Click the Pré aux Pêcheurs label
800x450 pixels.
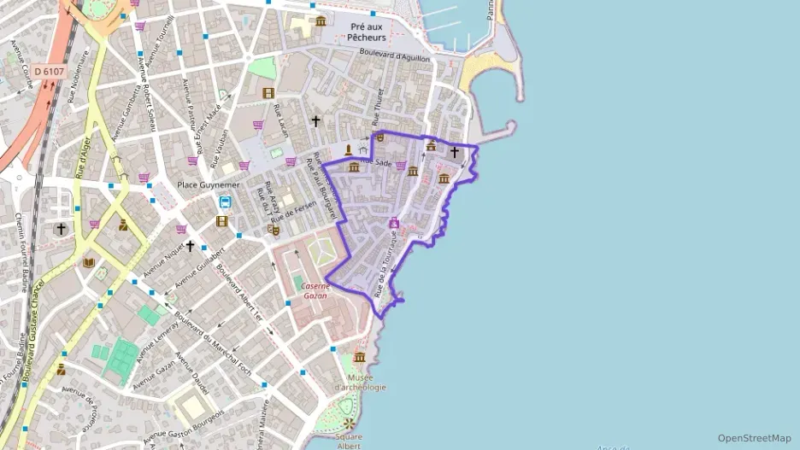(368, 32)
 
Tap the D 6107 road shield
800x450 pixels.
(49, 71)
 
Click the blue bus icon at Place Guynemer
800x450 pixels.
(225, 202)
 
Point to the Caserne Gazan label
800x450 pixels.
(315, 291)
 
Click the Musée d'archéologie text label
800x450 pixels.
(360, 382)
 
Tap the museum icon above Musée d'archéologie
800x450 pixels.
(360, 357)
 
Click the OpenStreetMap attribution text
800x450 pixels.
(754, 438)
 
